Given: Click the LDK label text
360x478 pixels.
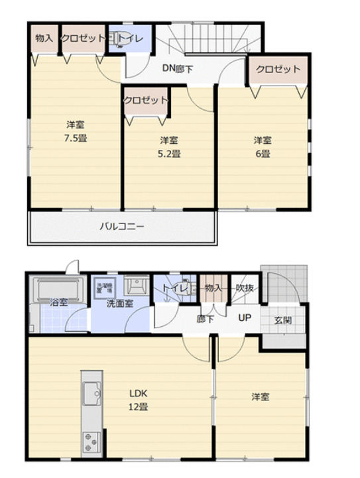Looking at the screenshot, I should [x=138, y=391].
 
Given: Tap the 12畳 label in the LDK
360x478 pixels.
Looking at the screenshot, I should [x=138, y=406].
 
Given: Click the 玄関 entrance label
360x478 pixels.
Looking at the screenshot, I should [x=282, y=320].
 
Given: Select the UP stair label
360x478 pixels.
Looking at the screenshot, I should [x=245, y=318].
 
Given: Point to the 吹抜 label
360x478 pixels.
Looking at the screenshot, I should [x=245, y=288].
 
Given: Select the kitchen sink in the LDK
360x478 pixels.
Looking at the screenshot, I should [x=91, y=394].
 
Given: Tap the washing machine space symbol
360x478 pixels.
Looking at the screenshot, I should [x=105, y=286].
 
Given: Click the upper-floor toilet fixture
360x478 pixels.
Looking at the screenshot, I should [x=117, y=39].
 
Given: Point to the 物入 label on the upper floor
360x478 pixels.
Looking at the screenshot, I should [x=44, y=38].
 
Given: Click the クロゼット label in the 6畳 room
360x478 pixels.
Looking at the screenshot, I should [x=278, y=69].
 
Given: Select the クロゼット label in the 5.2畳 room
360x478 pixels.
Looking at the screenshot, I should [x=145, y=99].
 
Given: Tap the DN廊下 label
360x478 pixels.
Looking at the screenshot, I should [x=177, y=67].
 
